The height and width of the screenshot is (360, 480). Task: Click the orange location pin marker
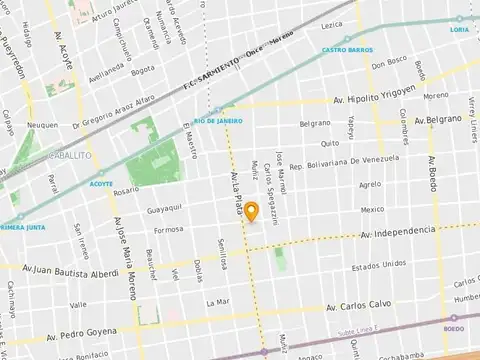[251, 211]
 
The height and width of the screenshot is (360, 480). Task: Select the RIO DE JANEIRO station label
[219, 121]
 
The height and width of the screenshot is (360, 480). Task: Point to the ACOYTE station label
[101, 184]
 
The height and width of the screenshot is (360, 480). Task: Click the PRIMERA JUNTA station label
[24, 226]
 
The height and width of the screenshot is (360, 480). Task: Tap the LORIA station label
[459, 29]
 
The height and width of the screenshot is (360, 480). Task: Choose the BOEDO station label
[453, 327]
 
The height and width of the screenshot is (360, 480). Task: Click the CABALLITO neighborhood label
[70, 157]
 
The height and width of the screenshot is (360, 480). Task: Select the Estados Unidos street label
[379, 265]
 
